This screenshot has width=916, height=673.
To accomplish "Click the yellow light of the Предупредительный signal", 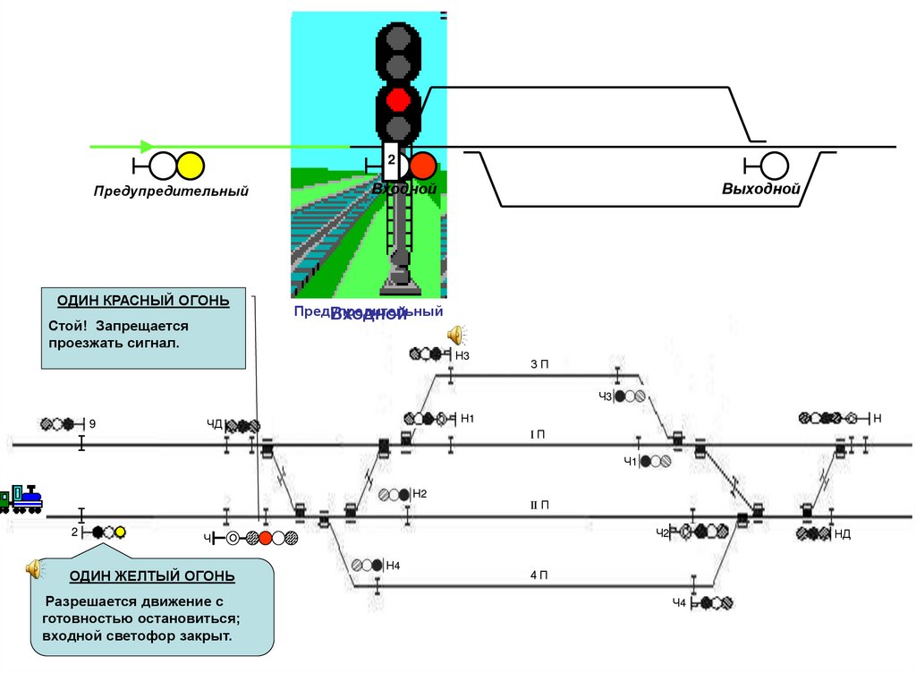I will [191, 166].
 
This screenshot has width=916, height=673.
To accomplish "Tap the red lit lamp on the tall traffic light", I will [398, 99].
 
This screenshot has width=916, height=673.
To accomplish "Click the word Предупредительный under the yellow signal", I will [171, 191].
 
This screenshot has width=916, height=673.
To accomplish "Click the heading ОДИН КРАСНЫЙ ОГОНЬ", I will [143, 301].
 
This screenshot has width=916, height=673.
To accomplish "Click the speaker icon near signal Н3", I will [456, 335].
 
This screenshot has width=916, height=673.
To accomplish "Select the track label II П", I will [539, 506].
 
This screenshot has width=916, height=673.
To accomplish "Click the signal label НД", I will [842, 534].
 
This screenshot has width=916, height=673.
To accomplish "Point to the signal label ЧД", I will [214, 424].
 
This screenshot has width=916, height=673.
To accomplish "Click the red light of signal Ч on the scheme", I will [266, 538].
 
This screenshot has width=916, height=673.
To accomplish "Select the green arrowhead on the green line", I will [148, 147].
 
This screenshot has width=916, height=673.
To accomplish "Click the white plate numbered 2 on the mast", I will [391, 160].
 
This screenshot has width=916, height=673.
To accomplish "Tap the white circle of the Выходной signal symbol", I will [775, 166].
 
